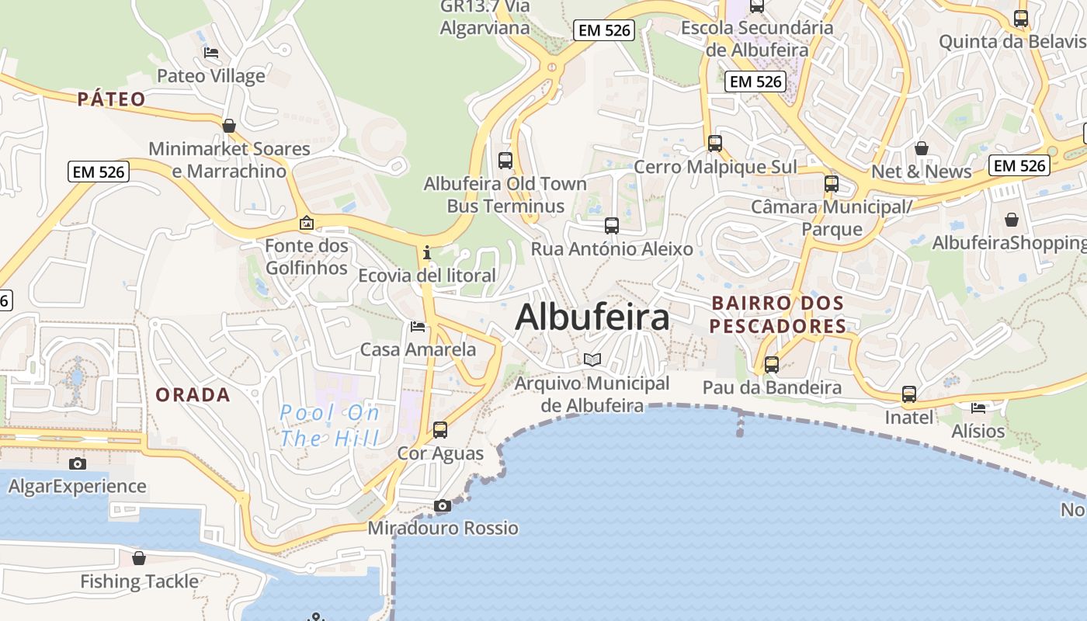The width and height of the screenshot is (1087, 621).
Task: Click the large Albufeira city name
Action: coord(592,317)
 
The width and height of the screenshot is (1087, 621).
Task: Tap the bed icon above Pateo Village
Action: coord(210,53)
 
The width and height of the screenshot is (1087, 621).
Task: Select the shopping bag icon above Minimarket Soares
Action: coord(229,126)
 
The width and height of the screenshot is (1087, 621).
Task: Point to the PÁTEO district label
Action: coord(112,99)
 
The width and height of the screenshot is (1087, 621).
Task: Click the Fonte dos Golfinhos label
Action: coord(307,257)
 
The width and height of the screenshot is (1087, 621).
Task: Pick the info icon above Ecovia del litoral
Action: coord(426,252)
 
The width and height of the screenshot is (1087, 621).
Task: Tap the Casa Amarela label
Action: coord(418,349)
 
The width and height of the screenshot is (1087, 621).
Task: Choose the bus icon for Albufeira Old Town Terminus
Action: coord(505,161)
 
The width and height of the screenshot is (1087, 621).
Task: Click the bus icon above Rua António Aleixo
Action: coord(612,226)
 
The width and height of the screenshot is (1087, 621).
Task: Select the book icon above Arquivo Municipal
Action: coord(592,359)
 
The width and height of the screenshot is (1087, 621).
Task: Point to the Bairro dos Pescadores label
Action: coord(778,314)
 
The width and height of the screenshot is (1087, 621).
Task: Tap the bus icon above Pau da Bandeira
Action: coord(772,364)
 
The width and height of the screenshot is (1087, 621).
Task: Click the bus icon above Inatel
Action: coord(909,394)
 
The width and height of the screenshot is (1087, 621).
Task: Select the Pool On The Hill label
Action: coord(329,425)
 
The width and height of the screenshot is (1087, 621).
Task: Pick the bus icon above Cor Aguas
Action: coord(440,429)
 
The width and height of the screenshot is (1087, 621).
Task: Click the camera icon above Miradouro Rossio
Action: coord(443,506)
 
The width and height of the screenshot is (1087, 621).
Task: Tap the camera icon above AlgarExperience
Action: coord(78,464)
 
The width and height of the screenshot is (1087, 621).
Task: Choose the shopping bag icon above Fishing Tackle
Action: coord(139,558)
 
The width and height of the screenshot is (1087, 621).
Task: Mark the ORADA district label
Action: coord(193,394)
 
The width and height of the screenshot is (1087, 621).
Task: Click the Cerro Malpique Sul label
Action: coord(715,167)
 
